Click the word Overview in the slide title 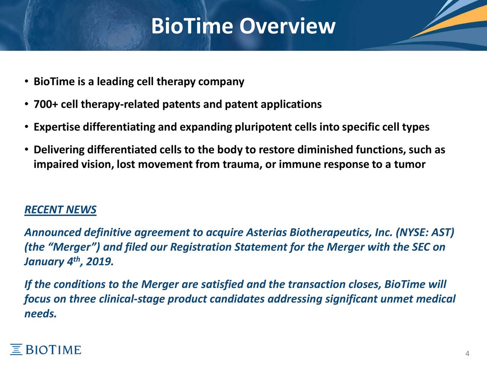[287, 26]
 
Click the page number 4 [467, 354]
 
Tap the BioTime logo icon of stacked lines [16, 349]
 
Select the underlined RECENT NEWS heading [60, 209]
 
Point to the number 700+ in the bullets [46, 104]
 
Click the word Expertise [57, 127]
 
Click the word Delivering [59, 149]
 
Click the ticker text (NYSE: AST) [425, 232]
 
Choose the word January [44, 262]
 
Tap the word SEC [421, 247]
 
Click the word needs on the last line [40, 314]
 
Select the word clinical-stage [131, 299]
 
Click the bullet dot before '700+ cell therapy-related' [27, 104]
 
